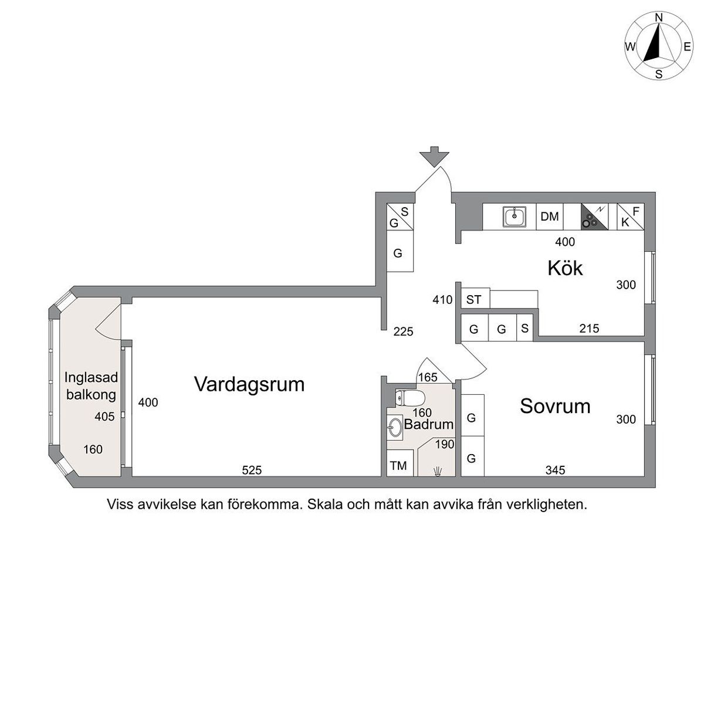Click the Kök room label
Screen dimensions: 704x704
pyautogui.click(x=564, y=269)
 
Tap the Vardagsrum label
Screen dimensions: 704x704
pyautogui.click(x=249, y=384)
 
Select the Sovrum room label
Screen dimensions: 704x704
pyautogui.click(x=555, y=406)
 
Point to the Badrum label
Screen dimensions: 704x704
pyautogui.click(x=429, y=424)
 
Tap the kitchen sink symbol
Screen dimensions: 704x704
pyautogui.click(x=515, y=216)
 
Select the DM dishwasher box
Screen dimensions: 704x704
pyautogui.click(x=550, y=216)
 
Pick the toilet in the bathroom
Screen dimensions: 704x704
pyautogui.click(x=409, y=398)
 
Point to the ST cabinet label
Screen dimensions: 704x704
pyautogui.click(x=473, y=300)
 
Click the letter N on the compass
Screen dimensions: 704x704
pyautogui.click(x=659, y=17)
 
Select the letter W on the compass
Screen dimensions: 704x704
pyautogui.click(x=631, y=47)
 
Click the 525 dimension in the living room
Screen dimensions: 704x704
pyautogui.click(x=252, y=470)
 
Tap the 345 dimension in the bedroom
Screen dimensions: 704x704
pyautogui.click(x=556, y=470)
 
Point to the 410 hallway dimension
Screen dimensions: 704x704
pyautogui.click(x=442, y=300)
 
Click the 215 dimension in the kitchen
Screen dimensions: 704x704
pyautogui.click(x=589, y=329)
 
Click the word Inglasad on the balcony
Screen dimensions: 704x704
pyautogui.click(x=91, y=377)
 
